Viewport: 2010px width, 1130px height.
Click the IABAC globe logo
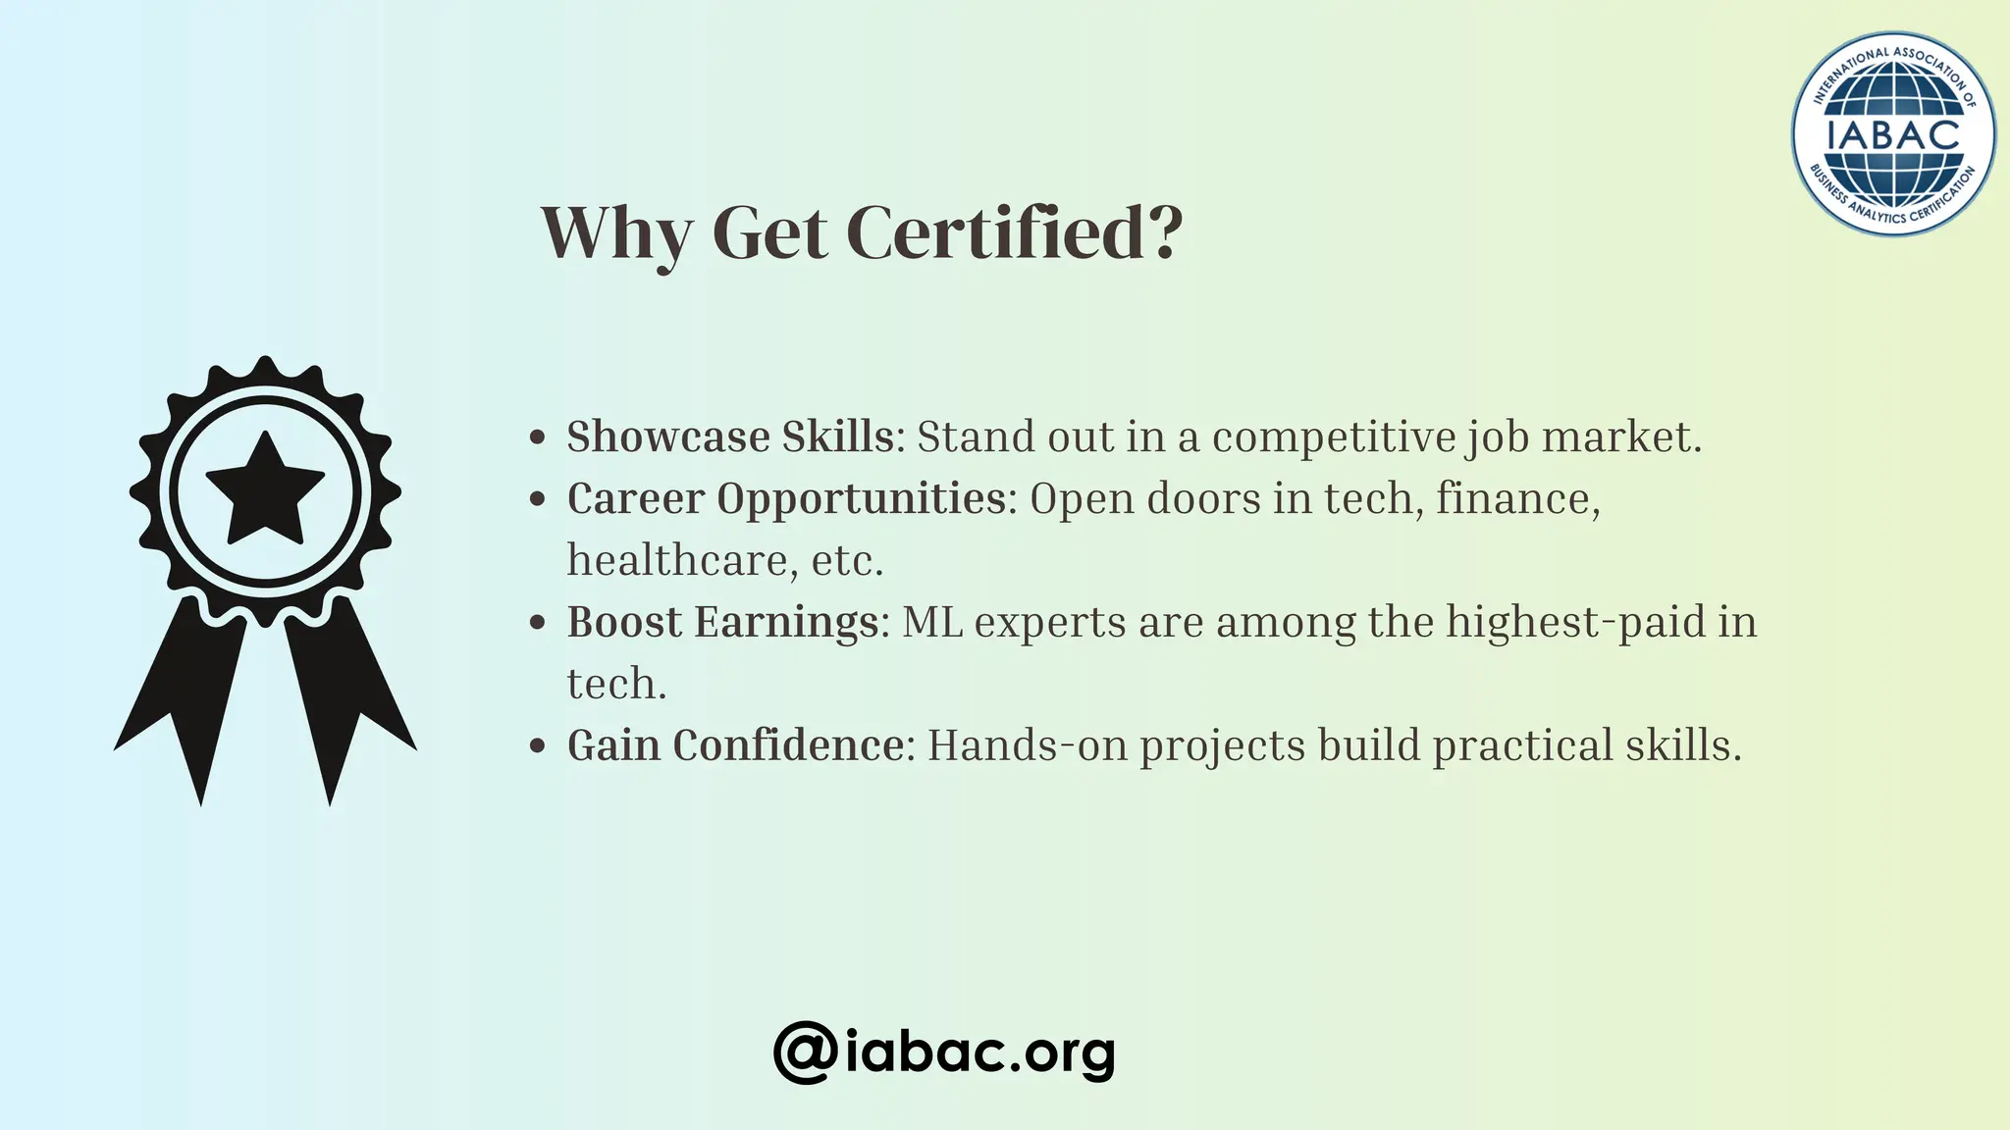coord(1892,134)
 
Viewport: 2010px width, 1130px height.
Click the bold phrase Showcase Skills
coord(730,437)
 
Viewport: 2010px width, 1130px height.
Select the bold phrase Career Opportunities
coord(786,498)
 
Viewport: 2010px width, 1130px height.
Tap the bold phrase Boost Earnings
coord(722,622)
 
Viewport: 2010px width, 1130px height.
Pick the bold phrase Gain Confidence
coord(735,745)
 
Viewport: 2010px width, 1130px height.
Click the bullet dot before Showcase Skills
coord(537,437)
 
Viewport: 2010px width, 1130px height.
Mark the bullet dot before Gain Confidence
coord(537,746)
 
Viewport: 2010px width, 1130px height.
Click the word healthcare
coord(682,560)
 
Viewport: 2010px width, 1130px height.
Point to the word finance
coord(1516,498)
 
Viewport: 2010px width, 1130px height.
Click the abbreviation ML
coord(931,622)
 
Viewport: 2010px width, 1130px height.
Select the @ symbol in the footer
coord(805,1053)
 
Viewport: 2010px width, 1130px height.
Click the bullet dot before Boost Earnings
coord(537,623)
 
